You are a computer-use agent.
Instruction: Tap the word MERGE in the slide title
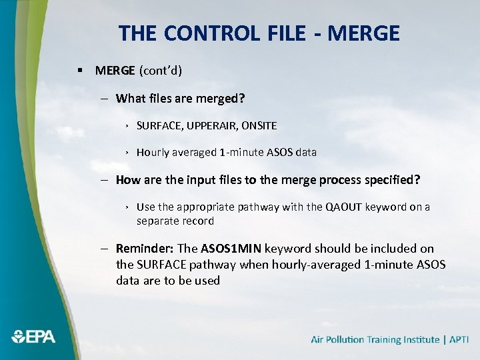click(x=366, y=33)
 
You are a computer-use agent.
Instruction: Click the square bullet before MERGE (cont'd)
click(x=80, y=70)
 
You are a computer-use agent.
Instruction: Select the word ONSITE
click(x=259, y=125)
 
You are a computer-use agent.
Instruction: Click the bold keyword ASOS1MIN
click(x=231, y=249)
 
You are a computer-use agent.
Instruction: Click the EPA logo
click(x=33, y=337)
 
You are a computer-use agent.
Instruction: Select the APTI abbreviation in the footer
click(x=459, y=340)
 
